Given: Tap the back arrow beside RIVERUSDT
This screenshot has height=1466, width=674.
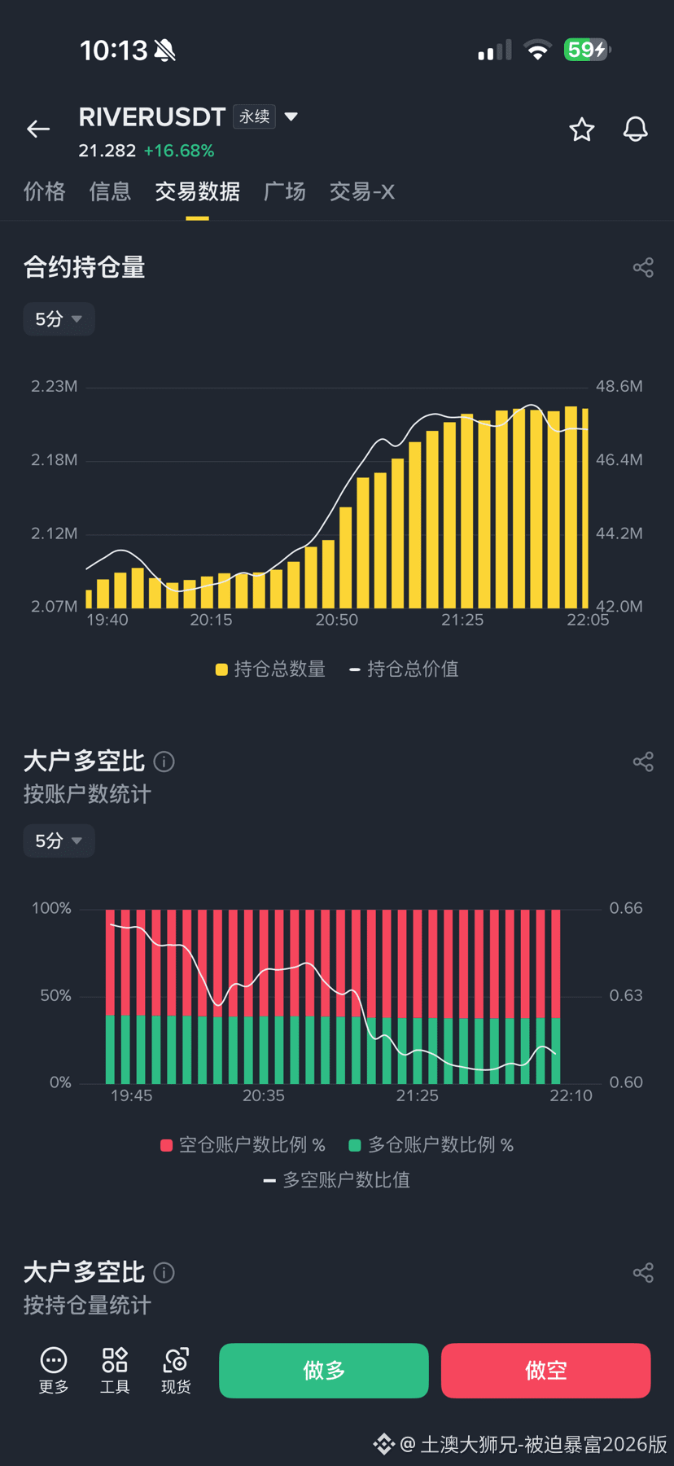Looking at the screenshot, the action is click(38, 129).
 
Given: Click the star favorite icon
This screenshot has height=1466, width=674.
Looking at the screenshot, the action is click(581, 129).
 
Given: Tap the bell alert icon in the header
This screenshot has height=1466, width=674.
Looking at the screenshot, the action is click(635, 129).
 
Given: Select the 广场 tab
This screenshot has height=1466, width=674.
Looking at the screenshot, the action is click(285, 191).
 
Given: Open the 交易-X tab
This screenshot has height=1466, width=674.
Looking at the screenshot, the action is click(362, 191).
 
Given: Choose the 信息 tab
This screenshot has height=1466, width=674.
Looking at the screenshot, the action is click(110, 191).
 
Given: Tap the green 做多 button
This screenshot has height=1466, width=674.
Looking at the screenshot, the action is click(324, 1371).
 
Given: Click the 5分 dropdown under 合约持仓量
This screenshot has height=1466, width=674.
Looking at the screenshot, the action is click(59, 319).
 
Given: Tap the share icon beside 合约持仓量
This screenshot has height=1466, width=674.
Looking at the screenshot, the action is click(643, 267).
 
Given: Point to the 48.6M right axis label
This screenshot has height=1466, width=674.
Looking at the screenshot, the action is click(619, 386).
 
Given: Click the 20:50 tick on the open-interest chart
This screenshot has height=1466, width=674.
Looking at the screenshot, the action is click(337, 620).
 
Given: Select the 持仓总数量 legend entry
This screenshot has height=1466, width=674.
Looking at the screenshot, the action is click(270, 669).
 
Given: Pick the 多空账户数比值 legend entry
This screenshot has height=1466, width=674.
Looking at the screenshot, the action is click(337, 1180).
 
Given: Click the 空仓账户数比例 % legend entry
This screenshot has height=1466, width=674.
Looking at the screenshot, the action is click(243, 1145).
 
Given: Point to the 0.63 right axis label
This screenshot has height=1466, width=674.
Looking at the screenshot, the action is click(626, 995).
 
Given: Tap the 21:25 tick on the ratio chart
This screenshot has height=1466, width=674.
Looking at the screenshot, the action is click(418, 1095).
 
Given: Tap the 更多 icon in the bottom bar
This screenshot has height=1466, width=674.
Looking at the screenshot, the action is click(54, 1371).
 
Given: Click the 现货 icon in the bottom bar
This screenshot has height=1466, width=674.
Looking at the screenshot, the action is click(176, 1371).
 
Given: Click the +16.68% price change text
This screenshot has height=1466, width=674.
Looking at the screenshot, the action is click(179, 151).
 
